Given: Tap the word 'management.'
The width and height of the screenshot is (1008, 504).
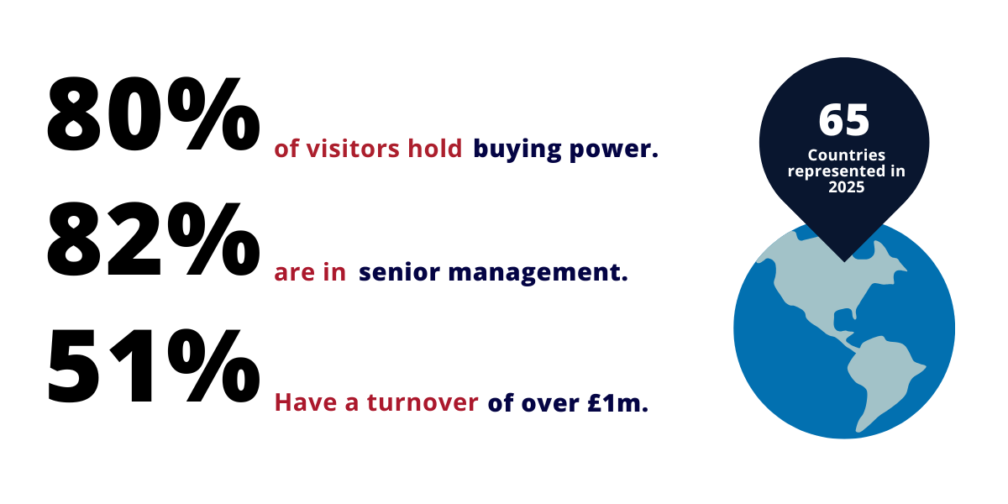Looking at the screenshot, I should (x=538, y=274).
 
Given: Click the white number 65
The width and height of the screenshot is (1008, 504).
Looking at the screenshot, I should (x=843, y=121).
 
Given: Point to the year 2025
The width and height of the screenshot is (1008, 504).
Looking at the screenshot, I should (x=844, y=189).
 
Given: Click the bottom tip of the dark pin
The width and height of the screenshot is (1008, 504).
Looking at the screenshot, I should (x=844, y=259).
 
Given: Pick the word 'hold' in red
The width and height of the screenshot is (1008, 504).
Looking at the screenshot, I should (x=435, y=150).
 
